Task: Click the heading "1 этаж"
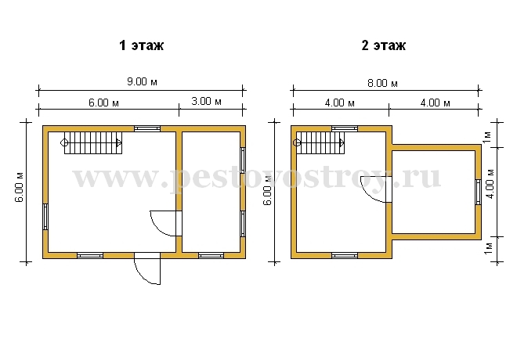pos(142,45)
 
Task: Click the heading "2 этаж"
pos(384,45)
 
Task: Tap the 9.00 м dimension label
pos(142,81)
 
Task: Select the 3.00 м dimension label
pos(206,101)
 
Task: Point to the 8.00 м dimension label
pos(382,83)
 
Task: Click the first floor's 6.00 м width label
pos(103,103)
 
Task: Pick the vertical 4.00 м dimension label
pos(490,184)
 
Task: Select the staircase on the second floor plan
pos(319,143)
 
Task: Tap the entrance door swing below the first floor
pos(147,268)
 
